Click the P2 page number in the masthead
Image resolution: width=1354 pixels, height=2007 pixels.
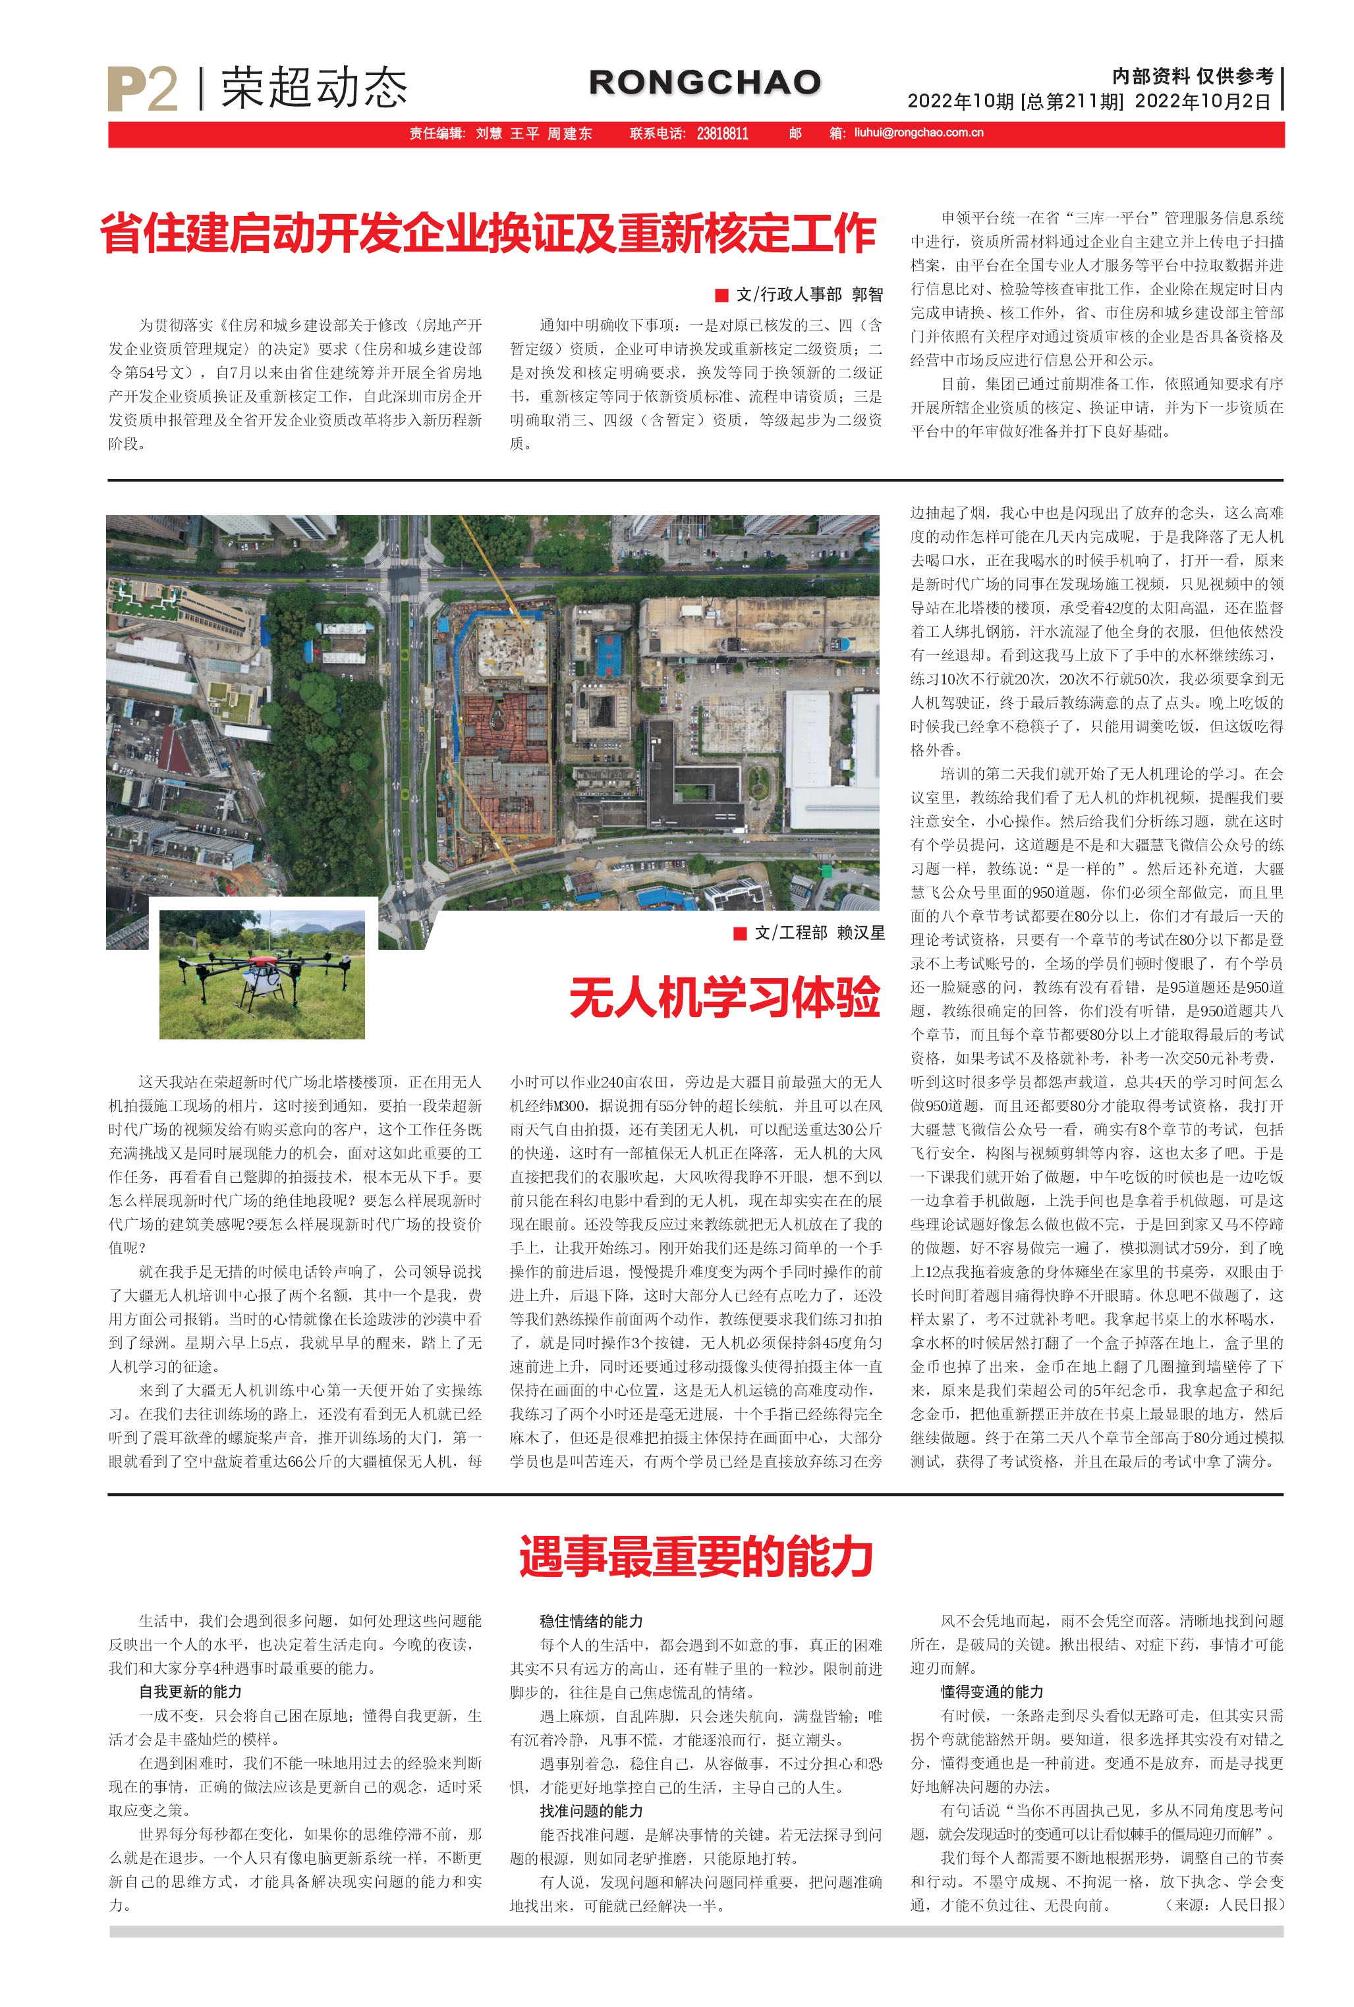click(142, 89)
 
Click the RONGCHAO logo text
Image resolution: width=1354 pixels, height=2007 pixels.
click(704, 83)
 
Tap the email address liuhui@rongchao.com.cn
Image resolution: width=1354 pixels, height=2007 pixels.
click(918, 133)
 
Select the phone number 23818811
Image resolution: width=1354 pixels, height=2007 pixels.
click(722, 134)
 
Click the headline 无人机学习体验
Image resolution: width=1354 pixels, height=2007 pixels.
click(723, 998)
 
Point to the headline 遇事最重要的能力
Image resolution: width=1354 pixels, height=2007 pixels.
click(696, 1556)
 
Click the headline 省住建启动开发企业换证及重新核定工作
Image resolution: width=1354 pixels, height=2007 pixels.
click(489, 233)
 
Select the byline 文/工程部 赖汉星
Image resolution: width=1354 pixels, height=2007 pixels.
click(818, 933)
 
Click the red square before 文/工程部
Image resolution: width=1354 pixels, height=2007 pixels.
click(739, 933)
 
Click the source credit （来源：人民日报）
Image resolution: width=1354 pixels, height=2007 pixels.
click(1224, 1904)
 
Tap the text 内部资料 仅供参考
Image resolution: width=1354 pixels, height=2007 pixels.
click(1193, 77)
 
